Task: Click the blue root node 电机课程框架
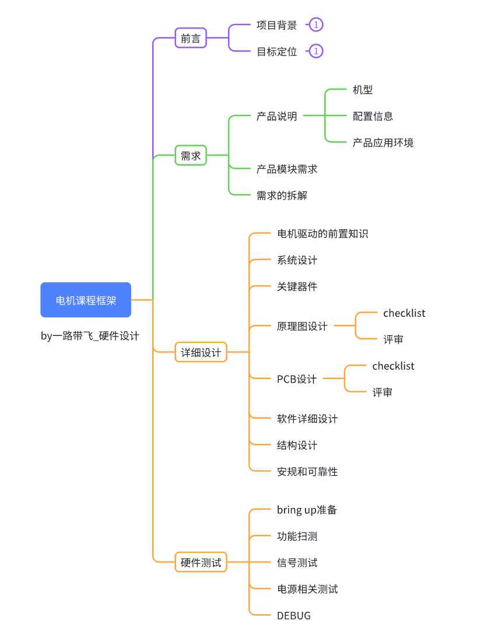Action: click(86, 300)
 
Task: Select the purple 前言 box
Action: click(191, 38)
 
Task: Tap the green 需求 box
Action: click(191, 155)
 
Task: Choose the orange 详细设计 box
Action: click(201, 352)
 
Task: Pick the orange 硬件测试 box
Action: click(201, 562)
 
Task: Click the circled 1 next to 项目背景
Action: click(316, 24)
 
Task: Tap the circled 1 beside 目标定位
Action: click(316, 51)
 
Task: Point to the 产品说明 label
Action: click(277, 116)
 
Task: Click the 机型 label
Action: click(363, 90)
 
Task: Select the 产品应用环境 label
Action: click(383, 142)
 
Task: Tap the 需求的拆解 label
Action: click(282, 195)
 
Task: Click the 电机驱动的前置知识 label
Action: click(322, 233)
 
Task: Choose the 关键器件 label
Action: click(297, 286)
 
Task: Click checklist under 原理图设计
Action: click(404, 313)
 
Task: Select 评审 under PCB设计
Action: click(383, 392)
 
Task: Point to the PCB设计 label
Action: click(297, 379)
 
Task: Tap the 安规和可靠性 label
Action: click(307, 471)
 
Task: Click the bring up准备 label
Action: click(307, 510)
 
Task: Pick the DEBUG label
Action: click(294, 615)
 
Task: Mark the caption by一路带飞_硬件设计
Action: click(90, 335)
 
